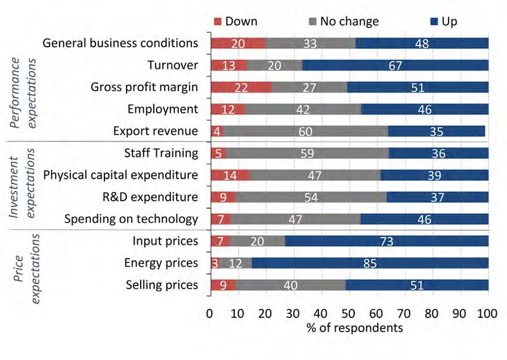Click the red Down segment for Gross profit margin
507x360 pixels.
pyautogui.click(x=241, y=87)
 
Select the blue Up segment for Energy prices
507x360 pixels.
pyautogui.click(x=370, y=263)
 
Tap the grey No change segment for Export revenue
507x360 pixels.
pyautogui.click(x=305, y=131)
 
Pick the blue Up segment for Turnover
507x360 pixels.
pyautogui.click(x=395, y=65)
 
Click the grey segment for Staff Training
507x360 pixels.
pyautogui.click(x=307, y=153)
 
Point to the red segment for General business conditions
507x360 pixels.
pyautogui.click(x=238, y=43)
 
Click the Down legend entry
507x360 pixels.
pyautogui.click(x=236, y=21)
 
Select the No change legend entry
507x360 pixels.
pyautogui.click(x=343, y=21)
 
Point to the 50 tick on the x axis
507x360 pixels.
pyautogui.click(x=348, y=314)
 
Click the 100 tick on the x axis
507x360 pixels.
pyautogui.click(x=488, y=314)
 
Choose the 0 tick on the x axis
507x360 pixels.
pyautogui.click(x=209, y=314)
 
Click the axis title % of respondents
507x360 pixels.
pyautogui.click(x=349, y=328)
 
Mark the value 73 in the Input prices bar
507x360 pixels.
pyautogui.click(x=387, y=241)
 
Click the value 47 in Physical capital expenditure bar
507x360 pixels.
pyautogui.click(x=314, y=176)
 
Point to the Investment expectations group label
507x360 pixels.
pyautogui.click(x=25, y=186)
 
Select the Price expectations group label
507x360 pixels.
pyautogui.click(x=25, y=263)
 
